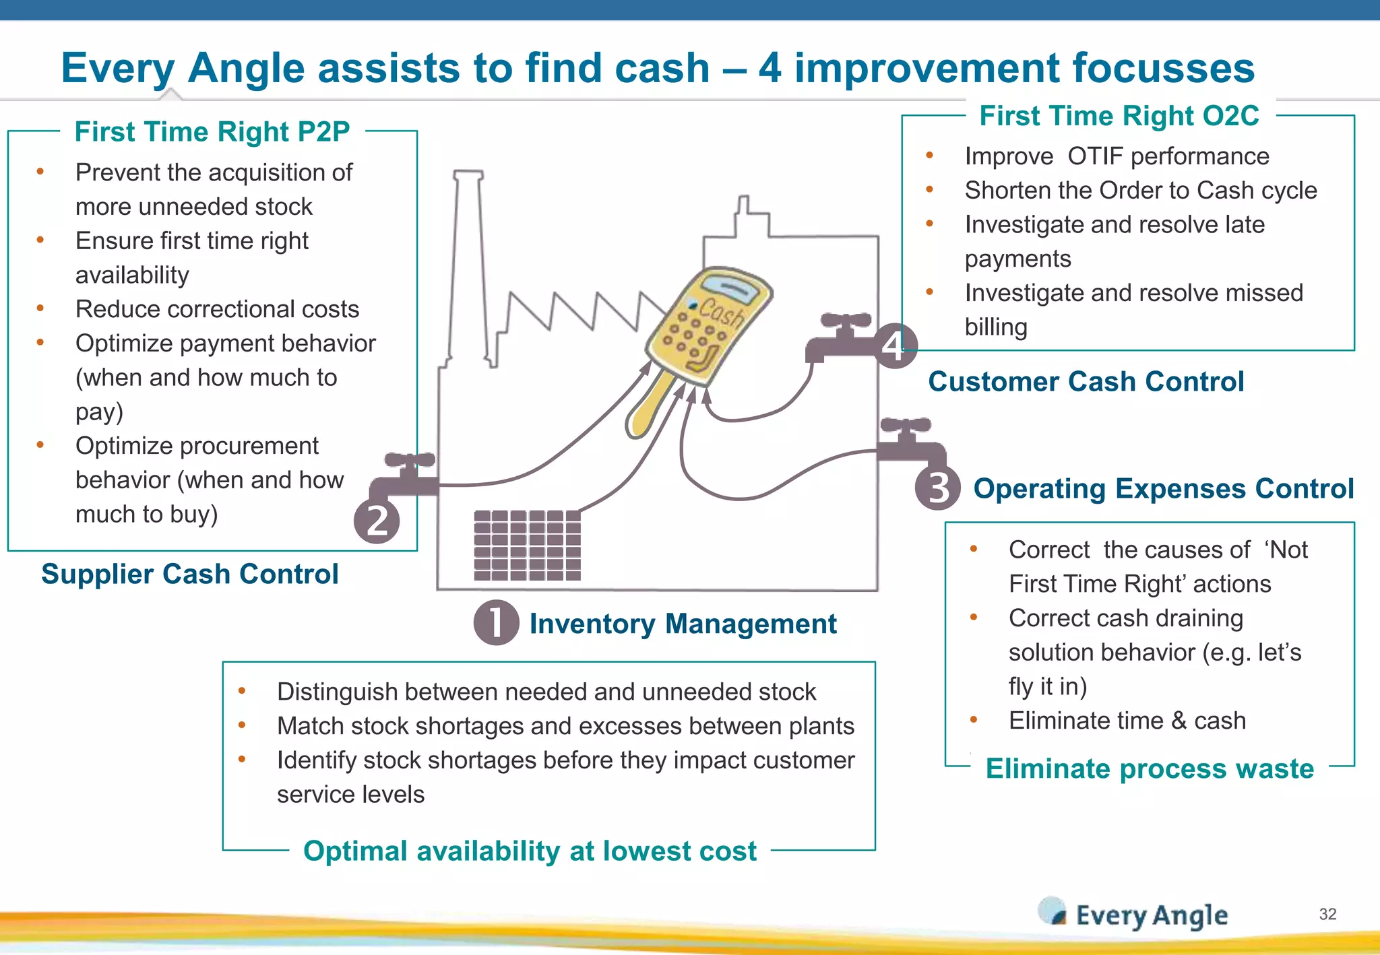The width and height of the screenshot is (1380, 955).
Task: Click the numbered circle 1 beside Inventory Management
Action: (496, 623)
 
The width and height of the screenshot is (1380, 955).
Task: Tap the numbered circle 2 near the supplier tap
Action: (377, 521)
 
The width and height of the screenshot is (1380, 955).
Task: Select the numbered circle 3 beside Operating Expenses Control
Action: (937, 488)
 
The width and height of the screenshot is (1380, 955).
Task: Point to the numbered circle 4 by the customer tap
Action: (895, 346)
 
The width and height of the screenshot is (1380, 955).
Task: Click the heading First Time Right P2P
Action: (212, 132)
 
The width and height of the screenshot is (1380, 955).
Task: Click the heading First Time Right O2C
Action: (1119, 116)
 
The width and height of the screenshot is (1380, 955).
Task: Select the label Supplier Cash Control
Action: (189, 574)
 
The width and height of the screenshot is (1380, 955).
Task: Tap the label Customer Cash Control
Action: (1086, 382)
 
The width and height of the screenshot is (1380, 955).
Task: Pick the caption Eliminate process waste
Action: (1150, 768)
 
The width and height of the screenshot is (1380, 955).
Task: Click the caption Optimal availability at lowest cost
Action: (530, 851)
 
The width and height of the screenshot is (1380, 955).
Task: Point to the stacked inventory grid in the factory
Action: (527, 546)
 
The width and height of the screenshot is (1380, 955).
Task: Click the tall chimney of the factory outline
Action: (468, 263)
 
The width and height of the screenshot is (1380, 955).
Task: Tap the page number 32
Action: (1327, 914)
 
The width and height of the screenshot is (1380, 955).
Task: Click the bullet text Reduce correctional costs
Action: (217, 309)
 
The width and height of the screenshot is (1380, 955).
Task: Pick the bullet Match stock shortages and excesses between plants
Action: (565, 726)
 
